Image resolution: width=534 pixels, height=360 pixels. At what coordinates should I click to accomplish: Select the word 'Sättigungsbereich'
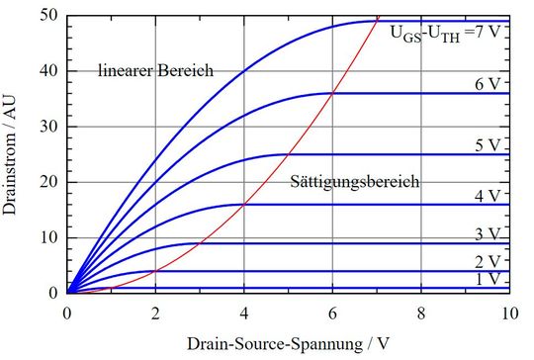(x=355, y=183)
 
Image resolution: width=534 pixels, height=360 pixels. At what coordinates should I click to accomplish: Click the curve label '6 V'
(x=488, y=84)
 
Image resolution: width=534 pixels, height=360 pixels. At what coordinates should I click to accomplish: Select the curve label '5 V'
(x=488, y=145)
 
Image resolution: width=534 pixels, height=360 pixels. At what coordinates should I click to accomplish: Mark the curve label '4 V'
(x=488, y=196)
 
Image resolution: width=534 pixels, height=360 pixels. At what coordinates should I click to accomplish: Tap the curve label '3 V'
(x=488, y=233)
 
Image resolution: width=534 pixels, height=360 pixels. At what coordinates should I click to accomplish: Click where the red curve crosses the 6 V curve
(x=332, y=94)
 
